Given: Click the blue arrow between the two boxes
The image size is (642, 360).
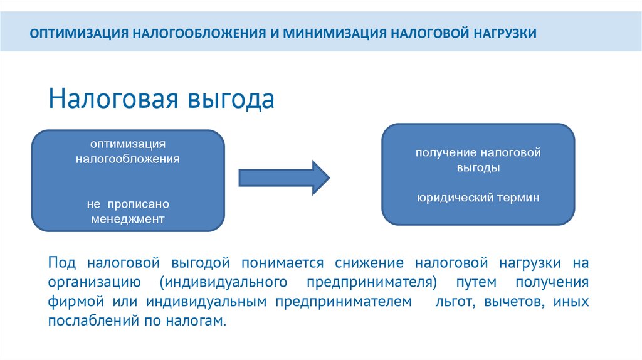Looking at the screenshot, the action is coord(283,177).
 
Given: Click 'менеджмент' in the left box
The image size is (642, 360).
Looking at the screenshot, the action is coord(128,220).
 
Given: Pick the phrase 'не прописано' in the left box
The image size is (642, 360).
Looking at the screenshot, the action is coord(129,205).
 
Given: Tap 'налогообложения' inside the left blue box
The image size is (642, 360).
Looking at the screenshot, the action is coord(128,159).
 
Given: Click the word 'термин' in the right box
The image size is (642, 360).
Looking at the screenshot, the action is coord(515,198).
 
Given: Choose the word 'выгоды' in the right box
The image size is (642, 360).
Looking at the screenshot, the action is coord(478,168).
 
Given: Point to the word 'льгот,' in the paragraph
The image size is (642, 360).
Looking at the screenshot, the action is coord(450,301).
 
